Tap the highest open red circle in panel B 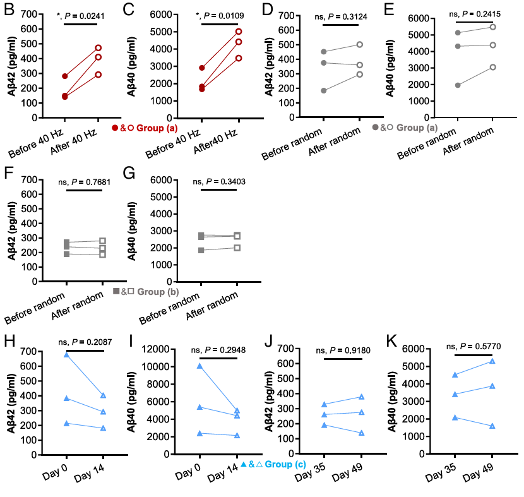(98, 47)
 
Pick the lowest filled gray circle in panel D (323, 90)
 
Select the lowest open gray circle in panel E (493, 67)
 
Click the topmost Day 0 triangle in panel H (66, 355)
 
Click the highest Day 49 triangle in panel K (492, 361)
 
